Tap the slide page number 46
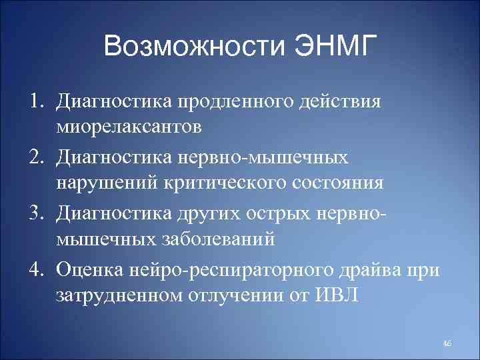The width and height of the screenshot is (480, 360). tap(447, 343)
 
